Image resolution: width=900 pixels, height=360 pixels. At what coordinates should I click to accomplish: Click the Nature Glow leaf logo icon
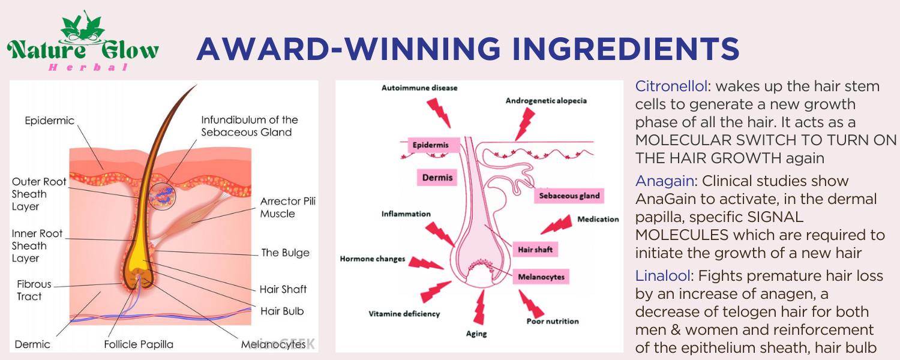click(83, 27)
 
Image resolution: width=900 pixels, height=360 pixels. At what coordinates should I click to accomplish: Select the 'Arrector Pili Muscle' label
click(287, 207)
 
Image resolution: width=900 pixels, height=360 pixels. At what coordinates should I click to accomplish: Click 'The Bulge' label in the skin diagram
click(285, 253)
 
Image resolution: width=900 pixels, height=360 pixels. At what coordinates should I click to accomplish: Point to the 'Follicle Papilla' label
click(139, 344)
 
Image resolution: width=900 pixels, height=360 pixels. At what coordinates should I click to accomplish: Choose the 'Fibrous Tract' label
click(34, 290)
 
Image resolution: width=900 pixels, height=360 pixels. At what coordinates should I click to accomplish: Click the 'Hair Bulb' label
click(282, 311)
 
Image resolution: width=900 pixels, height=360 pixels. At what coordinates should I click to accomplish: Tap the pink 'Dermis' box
click(437, 178)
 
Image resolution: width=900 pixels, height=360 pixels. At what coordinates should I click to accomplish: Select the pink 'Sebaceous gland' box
click(569, 196)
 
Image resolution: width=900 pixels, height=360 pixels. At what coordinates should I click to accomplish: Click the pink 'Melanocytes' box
click(540, 277)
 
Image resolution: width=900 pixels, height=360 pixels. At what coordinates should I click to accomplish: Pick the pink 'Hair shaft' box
click(535, 249)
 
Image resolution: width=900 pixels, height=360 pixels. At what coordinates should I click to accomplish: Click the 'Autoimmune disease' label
click(419, 88)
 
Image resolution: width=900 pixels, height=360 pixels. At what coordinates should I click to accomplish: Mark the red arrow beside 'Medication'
click(556, 226)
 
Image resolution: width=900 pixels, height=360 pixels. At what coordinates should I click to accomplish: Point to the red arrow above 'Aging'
click(479, 307)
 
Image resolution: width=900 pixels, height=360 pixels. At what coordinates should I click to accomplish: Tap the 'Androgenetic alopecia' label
click(546, 101)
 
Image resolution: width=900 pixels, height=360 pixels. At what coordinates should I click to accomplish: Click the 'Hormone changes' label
click(373, 259)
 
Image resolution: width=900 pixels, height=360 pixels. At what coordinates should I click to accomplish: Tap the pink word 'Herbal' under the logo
click(89, 67)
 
